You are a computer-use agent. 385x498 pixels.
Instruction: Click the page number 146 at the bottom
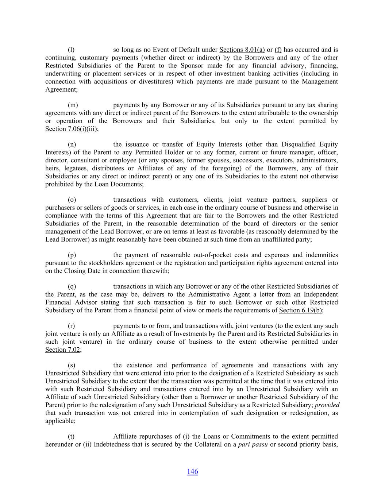[192, 471]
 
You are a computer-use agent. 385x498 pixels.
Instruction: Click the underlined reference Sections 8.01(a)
[242, 50]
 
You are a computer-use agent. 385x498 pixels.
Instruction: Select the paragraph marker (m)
[73, 105]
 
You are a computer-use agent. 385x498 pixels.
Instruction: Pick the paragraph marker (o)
[72, 200]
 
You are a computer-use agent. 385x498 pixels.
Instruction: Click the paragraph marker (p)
[72, 255]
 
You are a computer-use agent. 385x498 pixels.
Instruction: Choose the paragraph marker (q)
[72, 286]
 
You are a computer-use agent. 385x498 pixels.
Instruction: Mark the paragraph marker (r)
[72, 326]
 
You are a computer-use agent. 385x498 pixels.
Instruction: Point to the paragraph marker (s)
[72, 365]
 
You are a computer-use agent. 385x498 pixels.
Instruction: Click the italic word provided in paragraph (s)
[327, 405]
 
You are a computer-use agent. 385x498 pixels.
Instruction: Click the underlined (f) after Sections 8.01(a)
[278, 50]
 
